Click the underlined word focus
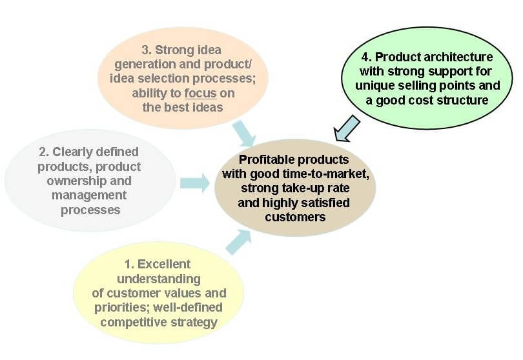click(x=200, y=94)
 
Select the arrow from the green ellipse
click(x=347, y=128)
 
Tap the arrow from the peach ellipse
click(x=244, y=134)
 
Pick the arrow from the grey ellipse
click(x=195, y=183)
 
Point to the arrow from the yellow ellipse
click(x=238, y=242)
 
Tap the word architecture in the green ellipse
click(x=458, y=57)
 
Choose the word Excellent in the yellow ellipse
click(x=164, y=264)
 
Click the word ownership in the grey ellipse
click(x=76, y=181)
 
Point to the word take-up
click(x=302, y=188)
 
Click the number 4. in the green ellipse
click(x=366, y=57)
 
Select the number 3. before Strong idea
click(x=147, y=50)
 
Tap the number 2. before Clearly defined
click(x=44, y=152)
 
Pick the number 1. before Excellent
click(x=129, y=265)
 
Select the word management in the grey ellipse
click(x=89, y=195)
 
